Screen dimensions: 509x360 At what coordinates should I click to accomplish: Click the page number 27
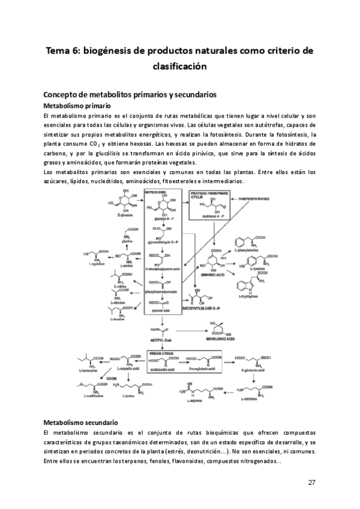312,483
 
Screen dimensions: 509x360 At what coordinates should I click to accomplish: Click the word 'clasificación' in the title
179,66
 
